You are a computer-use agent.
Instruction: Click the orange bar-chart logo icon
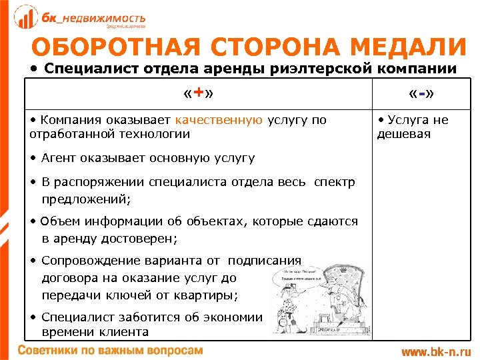tap(26, 17)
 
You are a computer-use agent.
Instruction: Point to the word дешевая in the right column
tap(404, 134)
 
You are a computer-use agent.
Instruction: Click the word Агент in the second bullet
tap(59, 158)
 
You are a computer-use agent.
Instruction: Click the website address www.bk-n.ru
tap(436, 351)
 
